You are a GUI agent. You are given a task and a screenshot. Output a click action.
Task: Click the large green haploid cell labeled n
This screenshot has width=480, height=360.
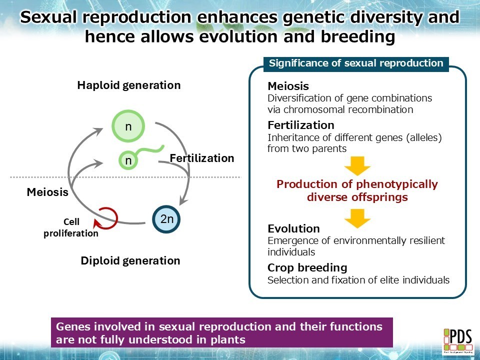[128, 126]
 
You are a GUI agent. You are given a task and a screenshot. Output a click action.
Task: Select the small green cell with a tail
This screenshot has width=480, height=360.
[128, 160]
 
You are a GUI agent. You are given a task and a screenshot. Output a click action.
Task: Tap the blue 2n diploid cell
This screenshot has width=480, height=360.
[166, 218]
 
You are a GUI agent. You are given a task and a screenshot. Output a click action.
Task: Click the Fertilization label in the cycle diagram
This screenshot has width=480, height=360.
[201, 158]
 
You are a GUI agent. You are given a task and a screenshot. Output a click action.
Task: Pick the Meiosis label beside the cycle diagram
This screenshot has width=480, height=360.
[47, 192]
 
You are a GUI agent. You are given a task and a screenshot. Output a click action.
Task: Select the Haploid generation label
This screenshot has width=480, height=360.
[128, 85]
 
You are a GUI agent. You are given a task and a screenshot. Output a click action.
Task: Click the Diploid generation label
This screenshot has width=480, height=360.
[130, 260]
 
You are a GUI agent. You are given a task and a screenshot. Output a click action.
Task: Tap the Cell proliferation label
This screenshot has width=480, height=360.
[71, 227]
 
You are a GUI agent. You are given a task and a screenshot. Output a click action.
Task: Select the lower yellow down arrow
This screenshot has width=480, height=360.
[357, 217]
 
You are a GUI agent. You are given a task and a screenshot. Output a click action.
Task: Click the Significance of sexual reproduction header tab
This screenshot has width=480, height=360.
[356, 63]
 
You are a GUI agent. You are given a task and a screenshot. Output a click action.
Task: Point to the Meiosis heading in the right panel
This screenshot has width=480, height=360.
[288, 86]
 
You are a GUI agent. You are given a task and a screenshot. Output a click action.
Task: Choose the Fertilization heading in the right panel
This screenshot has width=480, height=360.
[300, 125]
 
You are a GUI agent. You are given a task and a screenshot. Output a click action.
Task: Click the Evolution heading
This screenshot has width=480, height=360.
[293, 229]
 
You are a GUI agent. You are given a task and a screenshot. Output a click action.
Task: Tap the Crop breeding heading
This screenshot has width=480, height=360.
[307, 267]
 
